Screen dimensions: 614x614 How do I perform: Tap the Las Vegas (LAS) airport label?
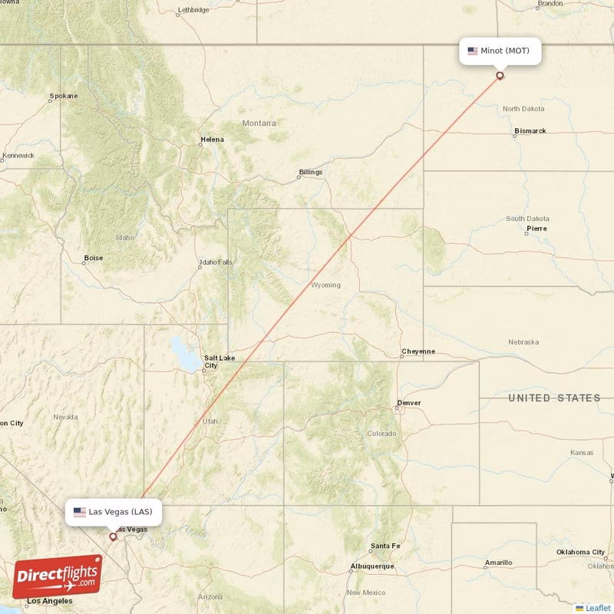pos(113,512)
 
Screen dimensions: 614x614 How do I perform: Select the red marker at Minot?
pos(500,75)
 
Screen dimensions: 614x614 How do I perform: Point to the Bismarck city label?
pos(530,131)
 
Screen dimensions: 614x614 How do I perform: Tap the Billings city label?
pos(311,172)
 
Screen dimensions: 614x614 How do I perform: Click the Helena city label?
pos(213,140)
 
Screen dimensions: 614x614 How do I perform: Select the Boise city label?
pos(94,258)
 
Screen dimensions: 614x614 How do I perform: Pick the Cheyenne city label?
pos(418,352)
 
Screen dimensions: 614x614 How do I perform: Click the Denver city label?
pos(409,403)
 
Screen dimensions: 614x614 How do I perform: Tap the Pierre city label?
pos(537,229)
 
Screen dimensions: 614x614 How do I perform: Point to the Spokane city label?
pos(64,96)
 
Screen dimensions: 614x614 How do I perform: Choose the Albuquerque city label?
pos(372,566)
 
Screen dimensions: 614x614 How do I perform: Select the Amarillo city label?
pos(498,563)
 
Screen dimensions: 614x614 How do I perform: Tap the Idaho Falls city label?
pos(216,262)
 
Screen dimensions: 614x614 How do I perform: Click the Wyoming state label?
pos(325,285)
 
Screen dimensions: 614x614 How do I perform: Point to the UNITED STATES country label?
pos(554,398)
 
